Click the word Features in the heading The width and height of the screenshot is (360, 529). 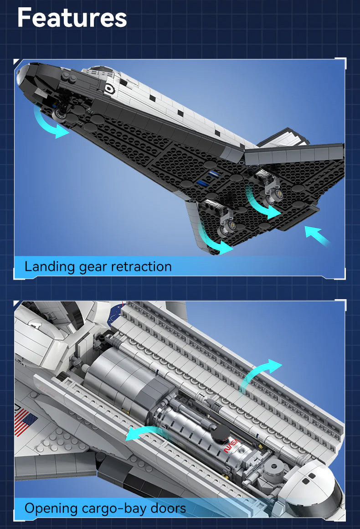(x=72, y=18)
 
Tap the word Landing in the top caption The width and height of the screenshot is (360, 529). (x=50, y=267)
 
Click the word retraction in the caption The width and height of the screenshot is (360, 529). (x=141, y=266)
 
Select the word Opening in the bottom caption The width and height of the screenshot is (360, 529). (x=51, y=508)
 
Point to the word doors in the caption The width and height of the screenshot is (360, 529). (x=168, y=508)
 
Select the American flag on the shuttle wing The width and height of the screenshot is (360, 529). (x=25, y=422)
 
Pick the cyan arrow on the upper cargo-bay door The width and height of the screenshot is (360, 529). (x=260, y=374)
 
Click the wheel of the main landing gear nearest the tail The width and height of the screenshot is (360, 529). (x=279, y=194)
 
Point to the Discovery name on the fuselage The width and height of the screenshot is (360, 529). (x=132, y=83)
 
